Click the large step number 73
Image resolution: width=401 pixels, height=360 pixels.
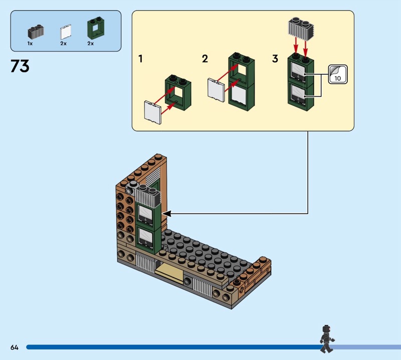20,67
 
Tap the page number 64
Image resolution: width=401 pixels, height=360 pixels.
14,347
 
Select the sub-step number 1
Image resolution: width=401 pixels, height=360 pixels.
141,59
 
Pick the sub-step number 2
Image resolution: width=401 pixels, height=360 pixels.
205,59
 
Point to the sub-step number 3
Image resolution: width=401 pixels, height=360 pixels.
275,59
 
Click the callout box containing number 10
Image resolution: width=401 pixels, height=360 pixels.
337,74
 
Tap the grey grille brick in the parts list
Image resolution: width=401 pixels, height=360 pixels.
35,32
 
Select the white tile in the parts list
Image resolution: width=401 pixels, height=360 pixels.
64,33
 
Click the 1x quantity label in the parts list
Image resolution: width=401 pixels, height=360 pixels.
30,44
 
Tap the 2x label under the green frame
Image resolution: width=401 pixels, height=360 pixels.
91,44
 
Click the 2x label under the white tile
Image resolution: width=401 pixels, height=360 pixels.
64,44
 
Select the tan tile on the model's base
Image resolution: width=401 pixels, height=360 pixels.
171,272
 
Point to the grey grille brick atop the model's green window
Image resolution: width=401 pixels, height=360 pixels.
146,195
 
